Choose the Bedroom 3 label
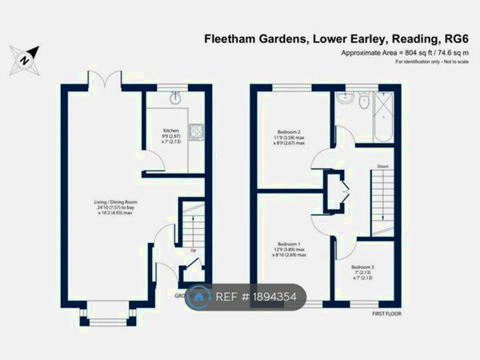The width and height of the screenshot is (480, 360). coord(361,267)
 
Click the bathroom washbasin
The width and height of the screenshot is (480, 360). coord(347,99)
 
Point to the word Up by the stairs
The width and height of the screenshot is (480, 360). coord(193,250)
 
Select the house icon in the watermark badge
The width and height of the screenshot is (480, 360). coord(200,297)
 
